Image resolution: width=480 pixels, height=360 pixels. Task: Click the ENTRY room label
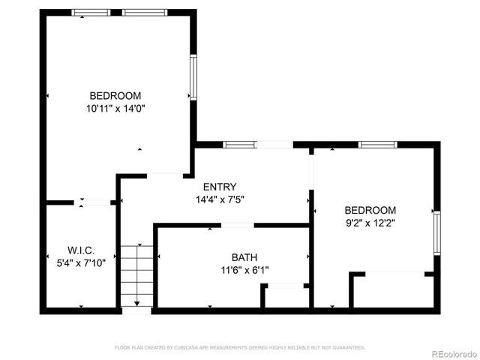tap(220, 187)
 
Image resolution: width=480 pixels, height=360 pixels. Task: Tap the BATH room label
tap(244, 256)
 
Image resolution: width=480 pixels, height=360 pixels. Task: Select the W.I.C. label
tap(80, 250)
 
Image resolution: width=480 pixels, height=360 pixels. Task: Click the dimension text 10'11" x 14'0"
tap(115, 109)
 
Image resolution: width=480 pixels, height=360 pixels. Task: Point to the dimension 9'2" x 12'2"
tap(370, 223)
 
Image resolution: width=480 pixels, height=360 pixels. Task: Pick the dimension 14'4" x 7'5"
tap(220, 199)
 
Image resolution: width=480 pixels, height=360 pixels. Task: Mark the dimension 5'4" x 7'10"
tap(76, 262)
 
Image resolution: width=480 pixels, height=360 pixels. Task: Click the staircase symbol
tap(136, 275)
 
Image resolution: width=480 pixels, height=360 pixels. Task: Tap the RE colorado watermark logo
tap(451, 352)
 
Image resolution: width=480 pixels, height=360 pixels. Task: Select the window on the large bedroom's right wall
tap(193, 77)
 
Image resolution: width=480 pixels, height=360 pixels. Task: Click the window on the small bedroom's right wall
tap(436, 234)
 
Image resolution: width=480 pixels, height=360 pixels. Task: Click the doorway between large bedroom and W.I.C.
tap(95, 202)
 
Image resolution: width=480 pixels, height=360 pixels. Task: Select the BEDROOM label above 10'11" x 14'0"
tap(115, 96)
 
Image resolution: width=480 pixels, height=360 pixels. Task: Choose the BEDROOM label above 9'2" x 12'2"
tap(370, 210)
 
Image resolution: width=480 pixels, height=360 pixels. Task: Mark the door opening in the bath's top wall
tap(237, 225)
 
